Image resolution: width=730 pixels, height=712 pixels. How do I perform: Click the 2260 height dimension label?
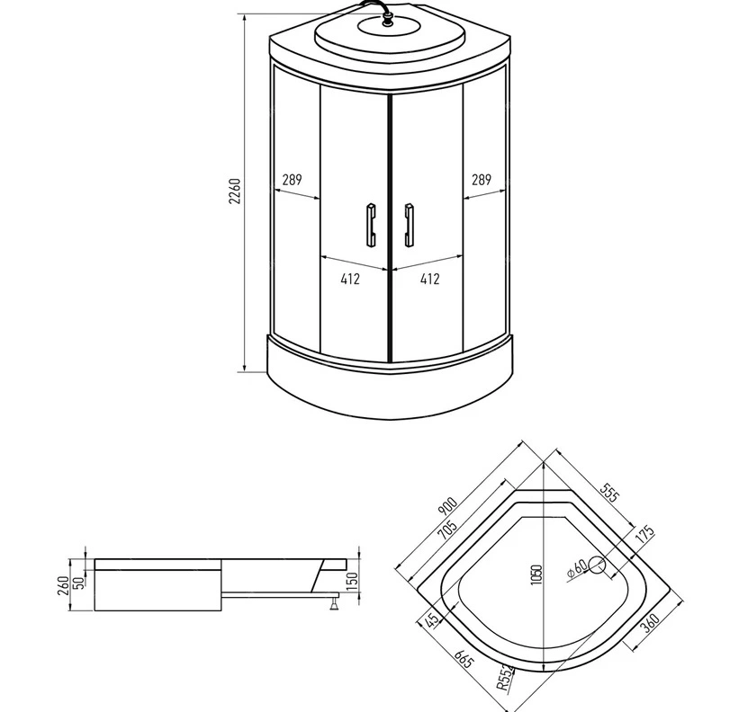click(235, 191)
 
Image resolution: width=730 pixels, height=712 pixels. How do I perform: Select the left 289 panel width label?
click(293, 180)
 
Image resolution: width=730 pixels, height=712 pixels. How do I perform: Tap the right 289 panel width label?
click(482, 180)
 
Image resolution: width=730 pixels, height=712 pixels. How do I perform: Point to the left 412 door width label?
click(350, 279)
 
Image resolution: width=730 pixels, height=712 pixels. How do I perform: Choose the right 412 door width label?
click(429, 279)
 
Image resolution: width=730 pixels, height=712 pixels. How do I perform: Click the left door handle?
click(371, 225)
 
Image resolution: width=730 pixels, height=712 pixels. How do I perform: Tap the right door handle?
click(409, 225)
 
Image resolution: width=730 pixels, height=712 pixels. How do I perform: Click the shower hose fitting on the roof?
click(386, 20)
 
